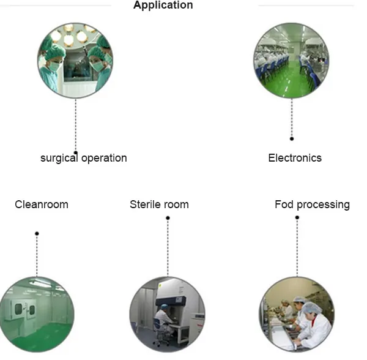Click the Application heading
pos(163,6)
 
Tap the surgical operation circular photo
pos(75,61)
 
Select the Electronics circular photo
pos(292,61)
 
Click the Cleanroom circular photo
pos(37,314)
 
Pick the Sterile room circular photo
pos(167,314)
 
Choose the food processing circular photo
pos(297,314)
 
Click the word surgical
pos(59,158)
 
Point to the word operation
pos(104,158)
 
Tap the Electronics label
pos(295,158)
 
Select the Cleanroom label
pos(42,204)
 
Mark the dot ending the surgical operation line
pos(75,152)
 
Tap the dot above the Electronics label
pos(292,139)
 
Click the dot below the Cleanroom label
pos(37,233)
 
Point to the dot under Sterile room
pos(168,218)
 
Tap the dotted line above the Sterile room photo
pos(168,248)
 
